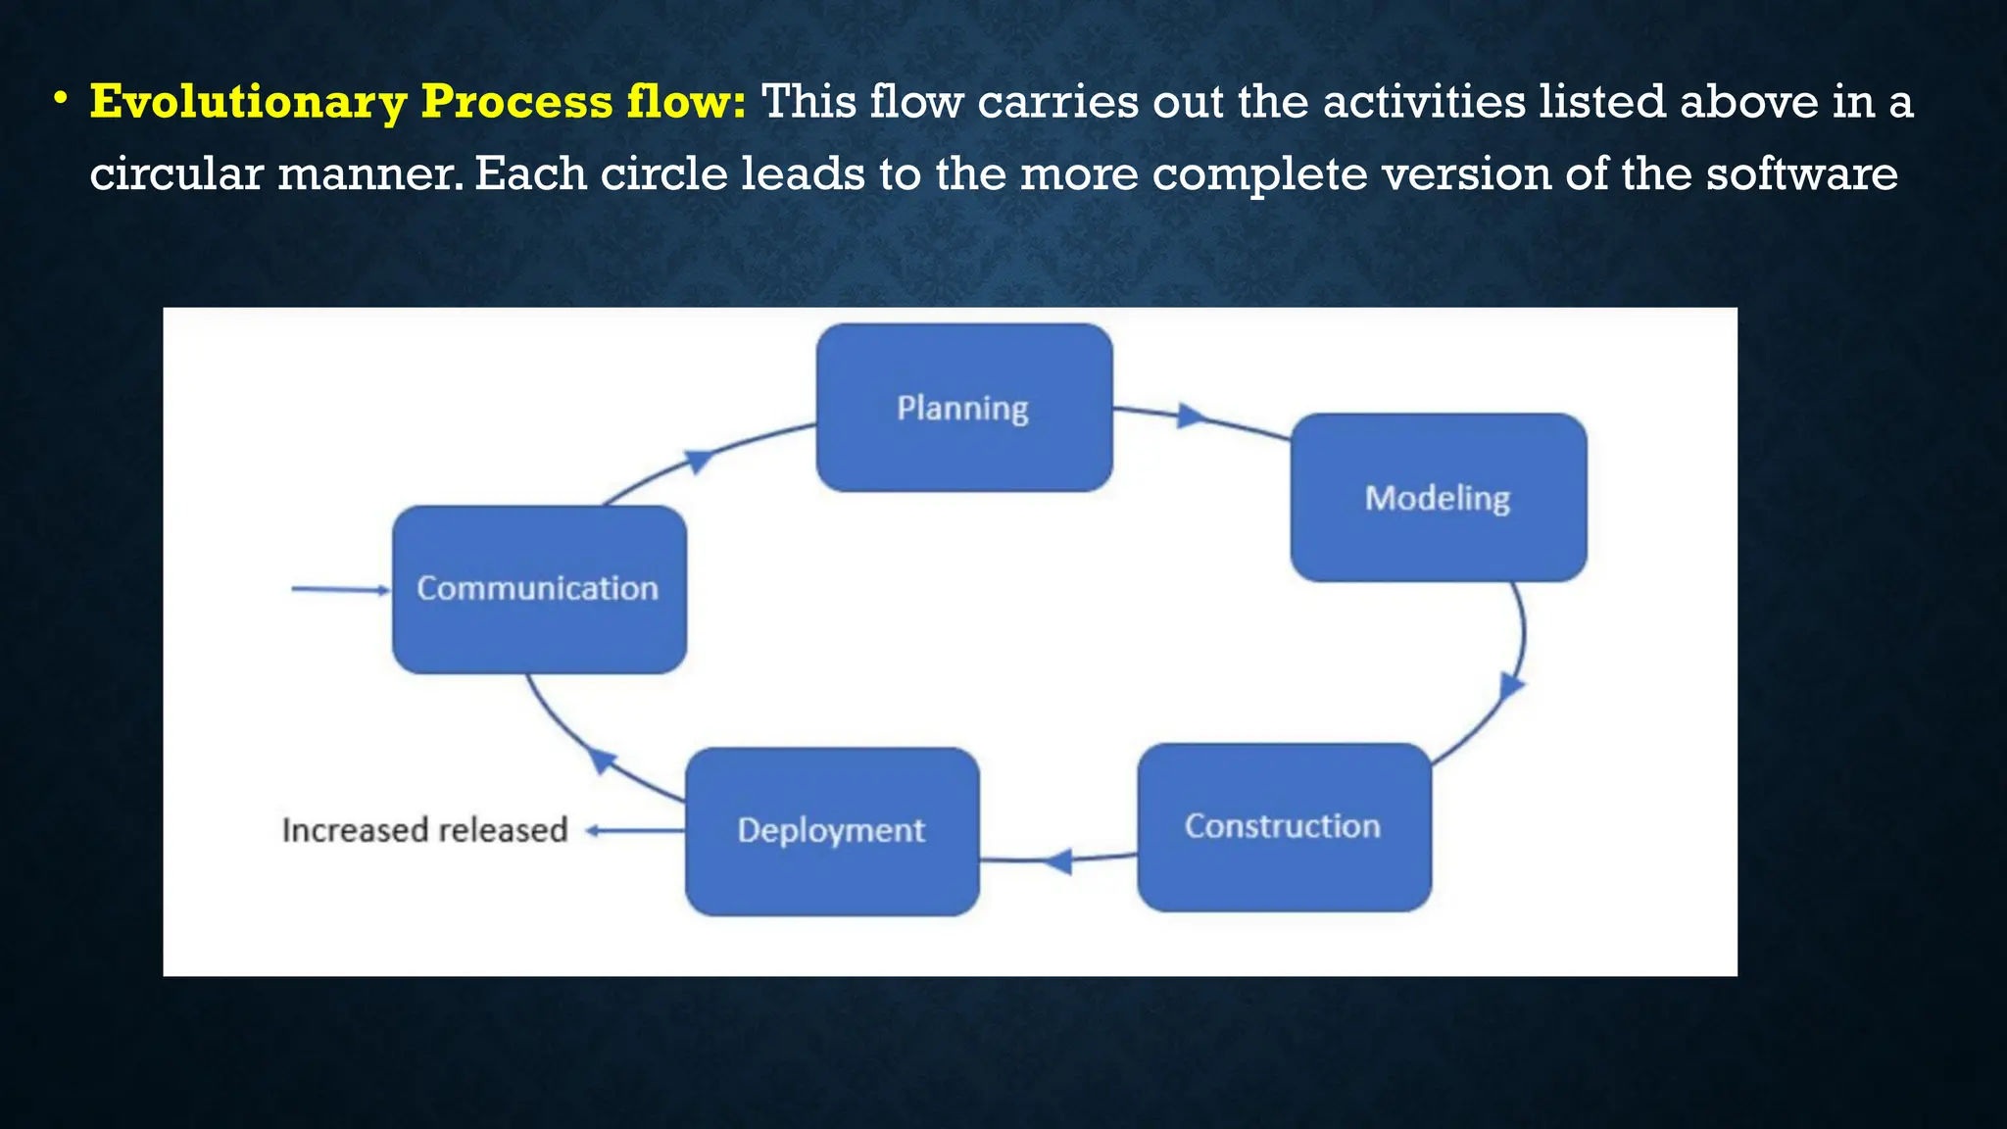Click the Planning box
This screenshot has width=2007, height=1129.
tap(964, 408)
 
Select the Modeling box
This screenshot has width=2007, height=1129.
tap(1438, 498)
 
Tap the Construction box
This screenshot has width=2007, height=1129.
tap(1284, 827)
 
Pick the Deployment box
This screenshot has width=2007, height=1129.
tap(832, 831)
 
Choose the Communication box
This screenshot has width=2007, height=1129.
tap(539, 589)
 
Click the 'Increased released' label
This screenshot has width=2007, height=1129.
tap(424, 830)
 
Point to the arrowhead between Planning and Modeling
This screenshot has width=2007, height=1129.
tap(1191, 416)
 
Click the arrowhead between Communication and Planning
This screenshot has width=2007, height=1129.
tap(698, 460)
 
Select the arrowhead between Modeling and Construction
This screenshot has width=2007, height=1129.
tap(1511, 685)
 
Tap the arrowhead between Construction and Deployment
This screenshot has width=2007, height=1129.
tap(1057, 861)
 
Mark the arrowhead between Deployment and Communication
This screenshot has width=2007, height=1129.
tap(601, 760)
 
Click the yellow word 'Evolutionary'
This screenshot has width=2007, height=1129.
tap(248, 103)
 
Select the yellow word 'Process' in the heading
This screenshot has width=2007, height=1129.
tap(516, 101)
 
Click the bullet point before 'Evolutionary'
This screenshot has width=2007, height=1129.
tap(61, 99)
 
